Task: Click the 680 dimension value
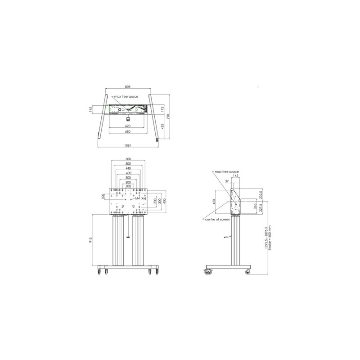[x=128, y=132]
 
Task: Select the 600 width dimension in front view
[x=128, y=159]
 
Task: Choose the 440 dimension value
[x=128, y=168]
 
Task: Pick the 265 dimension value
[x=255, y=207]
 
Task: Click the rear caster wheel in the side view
[x=247, y=272]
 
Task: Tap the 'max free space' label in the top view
[x=126, y=96]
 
